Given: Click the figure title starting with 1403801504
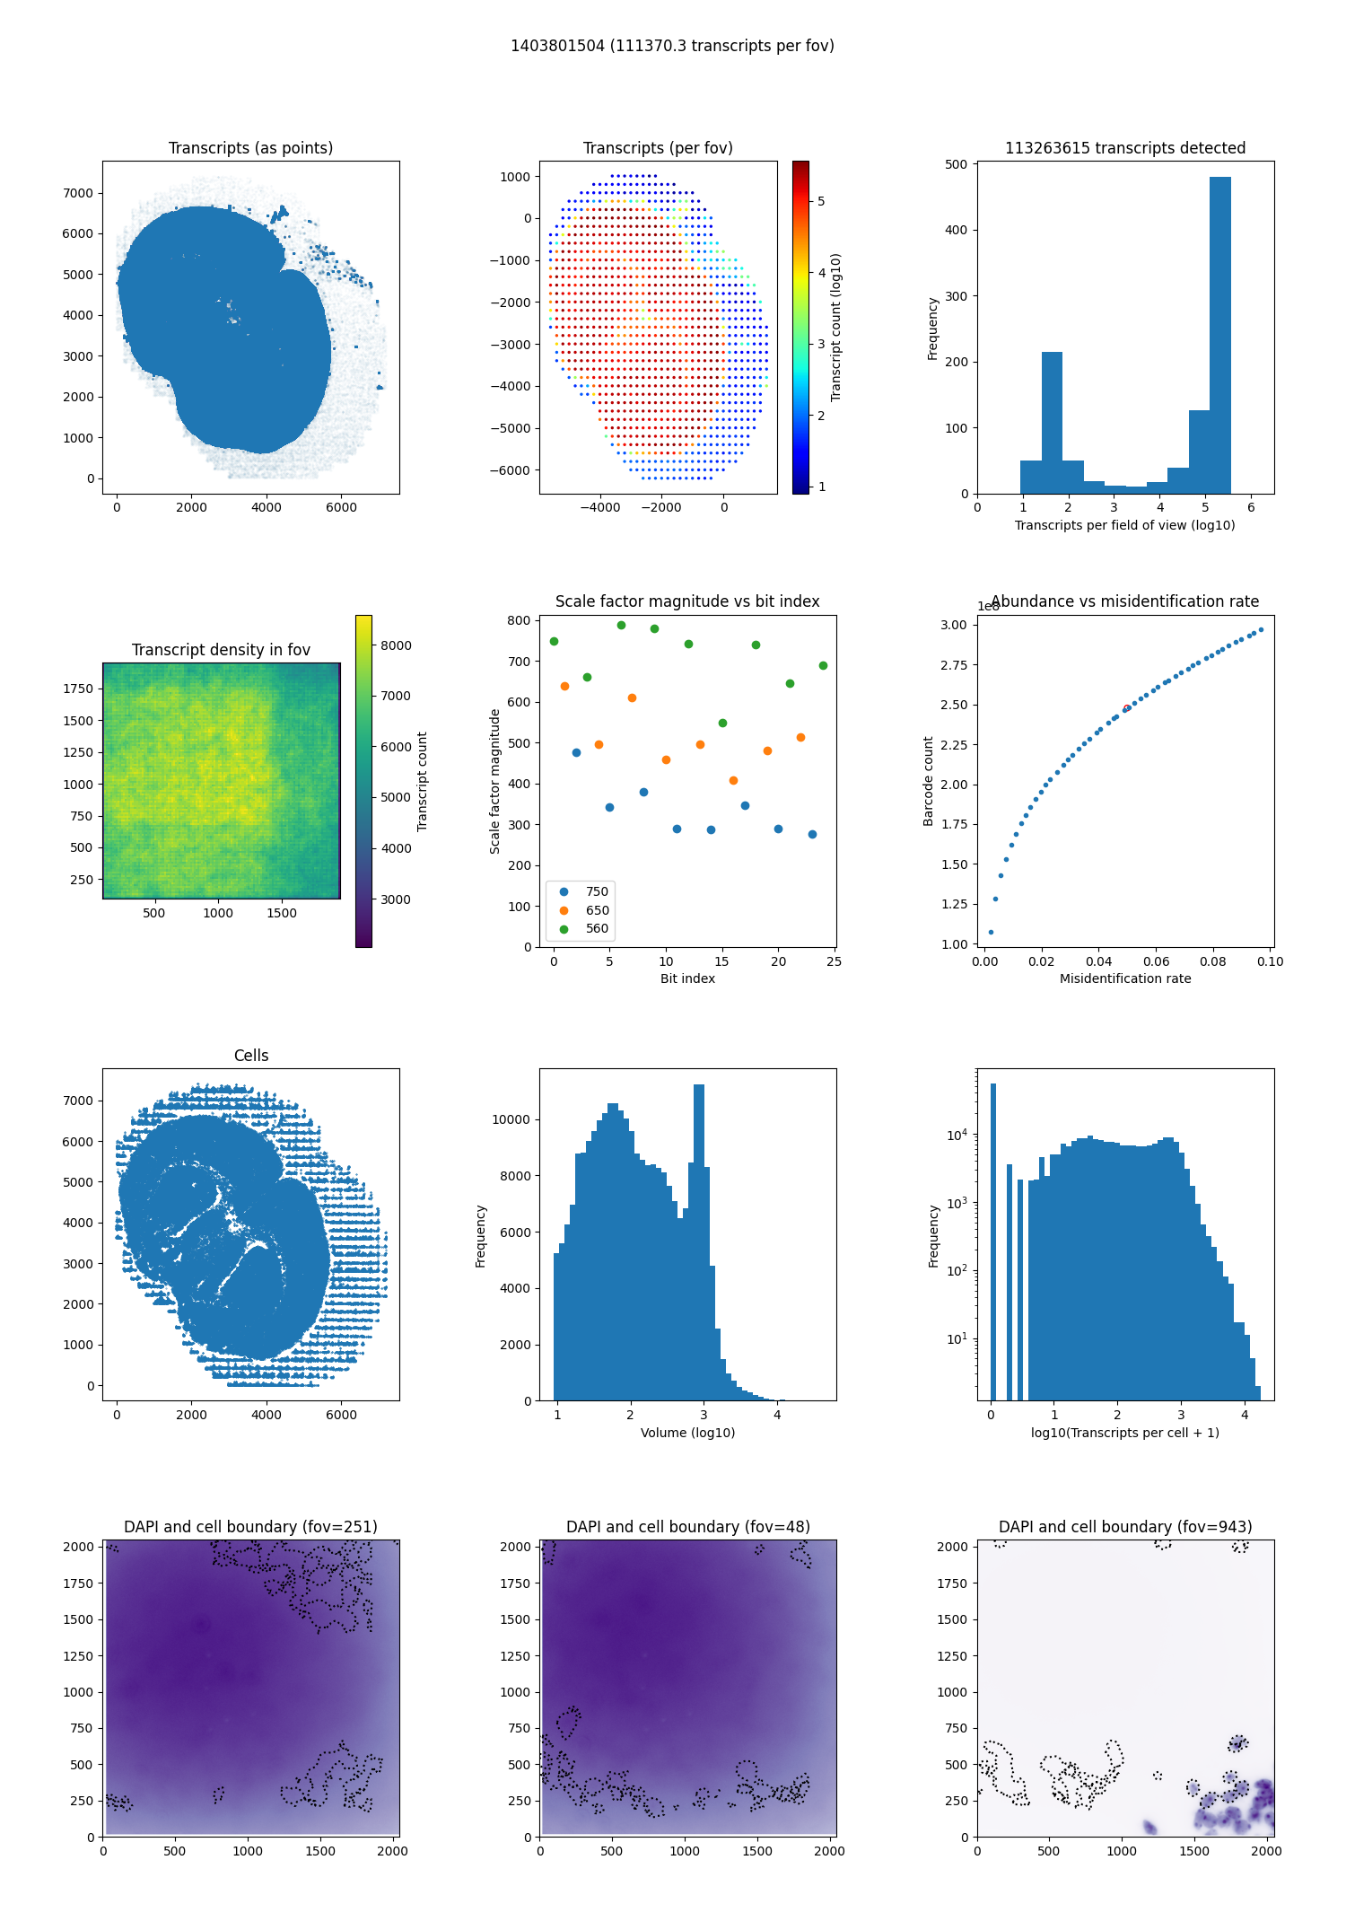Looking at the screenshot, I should click(672, 46).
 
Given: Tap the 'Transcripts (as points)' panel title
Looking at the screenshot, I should click(250, 148).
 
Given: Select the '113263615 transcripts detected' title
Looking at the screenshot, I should click(1124, 148).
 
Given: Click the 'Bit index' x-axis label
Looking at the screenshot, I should click(687, 978).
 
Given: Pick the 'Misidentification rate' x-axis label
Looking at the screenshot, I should click(1125, 978).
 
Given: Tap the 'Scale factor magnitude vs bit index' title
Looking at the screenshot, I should click(687, 601).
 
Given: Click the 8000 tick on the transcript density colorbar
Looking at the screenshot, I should click(396, 645).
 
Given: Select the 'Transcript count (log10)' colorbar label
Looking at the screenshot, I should click(836, 327).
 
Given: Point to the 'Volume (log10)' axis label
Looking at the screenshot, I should click(687, 1433).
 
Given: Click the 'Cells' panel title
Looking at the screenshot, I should click(251, 1056).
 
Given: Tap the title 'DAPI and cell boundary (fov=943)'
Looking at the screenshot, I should click(1125, 1527).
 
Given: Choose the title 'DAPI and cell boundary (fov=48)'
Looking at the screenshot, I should click(687, 1527).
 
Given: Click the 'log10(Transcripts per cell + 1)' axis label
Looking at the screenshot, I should click(1125, 1433).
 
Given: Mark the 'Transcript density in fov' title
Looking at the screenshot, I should click(221, 650).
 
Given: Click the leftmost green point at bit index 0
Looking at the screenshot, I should click(554, 641).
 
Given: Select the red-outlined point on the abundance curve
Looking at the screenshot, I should click(1126, 708).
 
